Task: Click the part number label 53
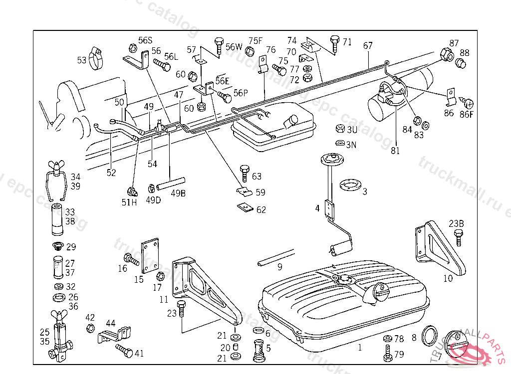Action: tap(82, 60)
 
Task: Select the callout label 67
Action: tap(368, 45)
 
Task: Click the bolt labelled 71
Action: tap(334, 44)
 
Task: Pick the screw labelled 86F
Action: tap(468, 103)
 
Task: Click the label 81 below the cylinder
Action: tap(395, 151)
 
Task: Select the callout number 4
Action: tap(318, 208)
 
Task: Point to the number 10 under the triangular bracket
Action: tap(448, 278)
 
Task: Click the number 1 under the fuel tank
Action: tap(360, 348)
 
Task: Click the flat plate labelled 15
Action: tap(151, 255)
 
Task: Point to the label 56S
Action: tap(145, 40)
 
